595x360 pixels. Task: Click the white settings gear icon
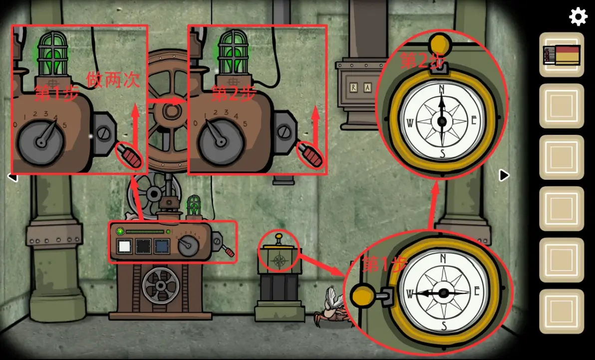pyautogui.click(x=578, y=17)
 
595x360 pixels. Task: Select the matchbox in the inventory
pyautogui.click(x=562, y=55)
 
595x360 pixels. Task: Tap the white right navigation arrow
pyautogui.click(x=504, y=175)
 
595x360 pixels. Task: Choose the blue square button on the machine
pyautogui.click(x=161, y=247)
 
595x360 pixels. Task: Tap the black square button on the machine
pyautogui.click(x=143, y=247)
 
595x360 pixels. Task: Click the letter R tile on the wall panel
pyautogui.click(x=354, y=88)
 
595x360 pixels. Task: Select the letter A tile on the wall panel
pyautogui.click(x=367, y=88)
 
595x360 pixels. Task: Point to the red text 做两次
pyautogui.click(x=113, y=80)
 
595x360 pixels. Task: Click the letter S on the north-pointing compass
pyautogui.click(x=442, y=153)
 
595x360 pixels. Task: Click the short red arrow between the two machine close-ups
pyautogui.click(x=167, y=101)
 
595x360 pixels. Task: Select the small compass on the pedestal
pyautogui.click(x=280, y=261)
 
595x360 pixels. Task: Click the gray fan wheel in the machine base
pyautogui.click(x=161, y=286)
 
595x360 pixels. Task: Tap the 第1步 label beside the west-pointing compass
pyautogui.click(x=385, y=264)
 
